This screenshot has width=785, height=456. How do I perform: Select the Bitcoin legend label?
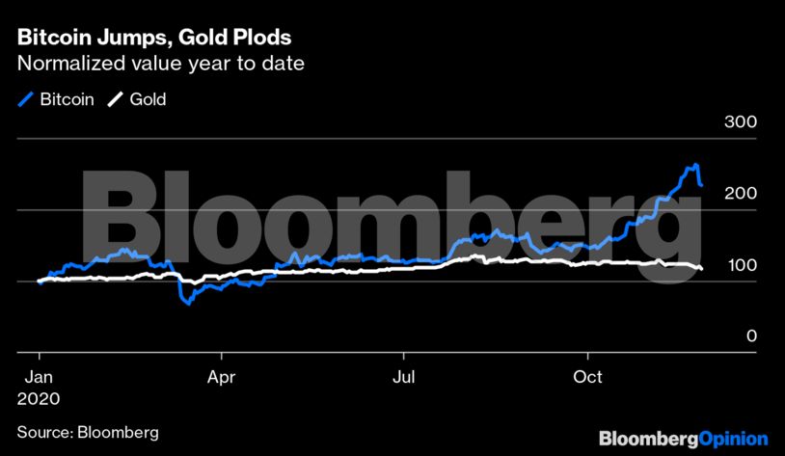tap(67, 98)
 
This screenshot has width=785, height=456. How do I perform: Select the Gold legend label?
tap(149, 98)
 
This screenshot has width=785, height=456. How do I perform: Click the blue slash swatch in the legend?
tap(25, 98)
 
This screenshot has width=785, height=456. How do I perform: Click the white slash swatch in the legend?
tap(115, 98)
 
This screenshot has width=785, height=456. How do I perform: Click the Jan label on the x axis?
tap(39, 377)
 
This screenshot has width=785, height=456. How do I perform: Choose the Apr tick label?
tap(222, 377)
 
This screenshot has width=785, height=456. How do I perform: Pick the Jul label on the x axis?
tap(405, 377)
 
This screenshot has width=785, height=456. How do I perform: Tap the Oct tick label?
tap(587, 377)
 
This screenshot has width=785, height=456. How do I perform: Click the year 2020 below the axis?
tap(39, 397)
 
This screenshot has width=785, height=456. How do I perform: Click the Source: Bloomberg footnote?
tap(87, 432)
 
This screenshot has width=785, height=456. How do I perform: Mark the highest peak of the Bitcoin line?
tap(694, 166)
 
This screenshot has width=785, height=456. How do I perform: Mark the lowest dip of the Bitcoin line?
tap(188, 303)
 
